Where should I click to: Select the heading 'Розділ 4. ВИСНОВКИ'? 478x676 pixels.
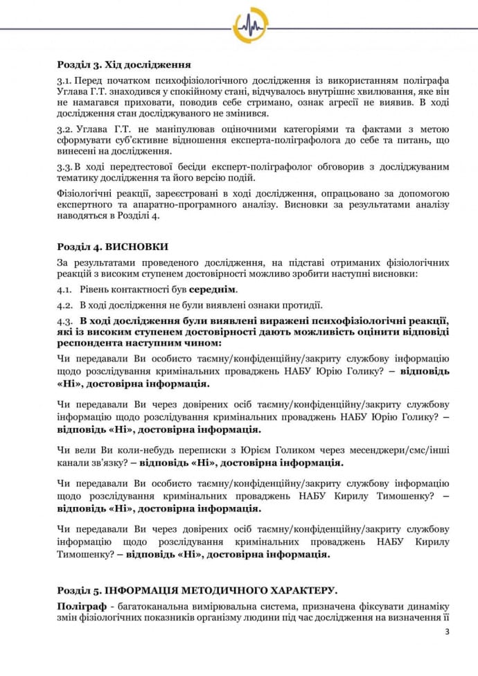[112, 247]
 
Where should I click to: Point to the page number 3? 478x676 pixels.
[447, 632]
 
